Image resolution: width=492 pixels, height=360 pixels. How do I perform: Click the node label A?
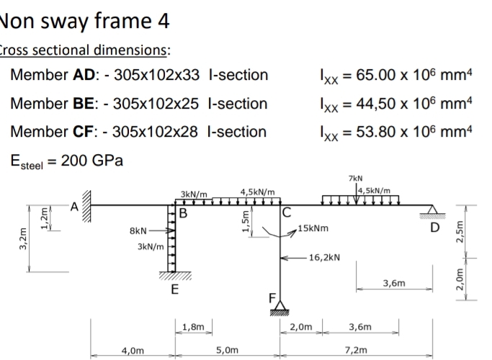(x=74, y=207)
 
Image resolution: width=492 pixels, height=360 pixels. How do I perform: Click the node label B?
(x=183, y=213)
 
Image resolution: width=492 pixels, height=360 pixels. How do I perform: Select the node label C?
(x=287, y=212)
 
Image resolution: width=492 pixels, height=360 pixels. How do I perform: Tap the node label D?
(x=434, y=228)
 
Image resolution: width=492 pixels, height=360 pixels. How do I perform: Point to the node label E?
(x=175, y=289)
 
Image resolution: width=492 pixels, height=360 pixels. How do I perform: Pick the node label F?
(x=272, y=298)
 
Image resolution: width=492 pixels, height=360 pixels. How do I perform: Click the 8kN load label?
(x=138, y=231)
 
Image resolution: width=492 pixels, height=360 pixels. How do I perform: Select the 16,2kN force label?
(x=324, y=258)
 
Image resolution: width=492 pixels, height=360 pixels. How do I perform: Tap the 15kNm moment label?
(x=313, y=228)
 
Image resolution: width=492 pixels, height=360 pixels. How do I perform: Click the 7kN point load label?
(x=356, y=179)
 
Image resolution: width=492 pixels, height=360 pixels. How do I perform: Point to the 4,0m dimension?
(x=133, y=350)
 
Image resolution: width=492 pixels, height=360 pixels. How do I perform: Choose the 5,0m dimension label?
(x=227, y=350)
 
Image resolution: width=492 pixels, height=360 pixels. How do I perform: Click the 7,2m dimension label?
(x=356, y=350)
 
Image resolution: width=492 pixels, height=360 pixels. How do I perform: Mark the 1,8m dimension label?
(x=193, y=327)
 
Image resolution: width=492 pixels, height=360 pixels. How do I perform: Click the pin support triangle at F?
(x=279, y=306)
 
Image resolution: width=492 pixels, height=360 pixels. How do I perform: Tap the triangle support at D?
(x=432, y=210)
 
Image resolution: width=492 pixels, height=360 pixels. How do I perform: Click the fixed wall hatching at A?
(x=86, y=206)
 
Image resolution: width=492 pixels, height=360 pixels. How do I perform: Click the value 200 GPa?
(x=92, y=161)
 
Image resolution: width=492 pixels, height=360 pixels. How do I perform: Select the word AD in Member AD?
(x=84, y=75)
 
